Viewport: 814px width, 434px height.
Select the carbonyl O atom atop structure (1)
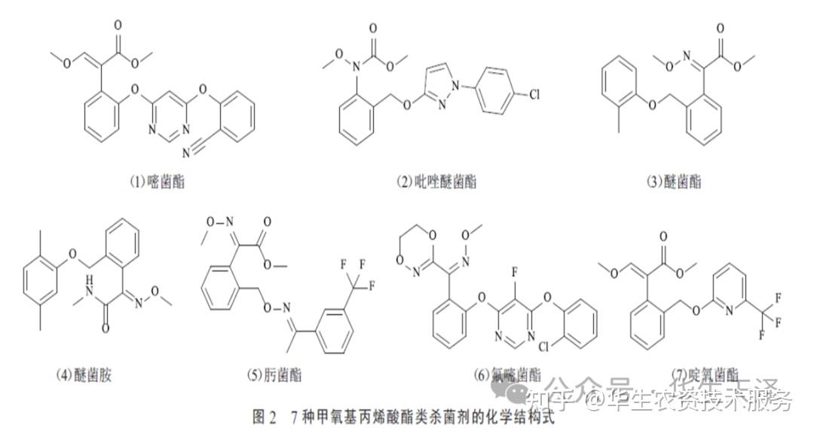(x=118, y=25)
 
